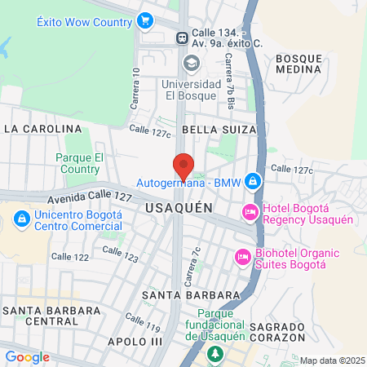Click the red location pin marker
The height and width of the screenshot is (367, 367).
coord(183,166)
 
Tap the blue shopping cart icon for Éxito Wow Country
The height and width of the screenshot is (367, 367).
coord(146,19)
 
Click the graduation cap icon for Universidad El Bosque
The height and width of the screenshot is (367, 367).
coord(191,63)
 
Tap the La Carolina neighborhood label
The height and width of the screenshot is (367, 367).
coord(43,129)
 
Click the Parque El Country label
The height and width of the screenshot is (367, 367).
coord(79,163)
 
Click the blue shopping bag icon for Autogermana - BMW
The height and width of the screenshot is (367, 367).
coord(253,180)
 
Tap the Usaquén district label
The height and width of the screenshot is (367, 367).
coord(179,208)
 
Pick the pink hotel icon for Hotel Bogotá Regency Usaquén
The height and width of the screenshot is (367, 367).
coord(250,212)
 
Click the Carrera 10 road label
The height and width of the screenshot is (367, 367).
coord(136,89)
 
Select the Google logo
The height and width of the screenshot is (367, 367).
coord(27,357)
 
